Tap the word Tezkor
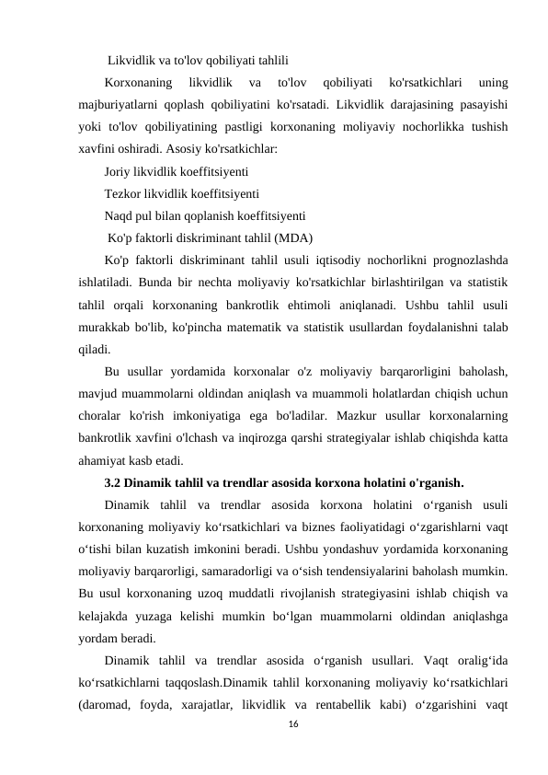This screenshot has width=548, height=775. click(124, 193)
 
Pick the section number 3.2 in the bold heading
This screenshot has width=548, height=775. click(116, 481)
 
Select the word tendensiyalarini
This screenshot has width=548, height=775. click(380, 571)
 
